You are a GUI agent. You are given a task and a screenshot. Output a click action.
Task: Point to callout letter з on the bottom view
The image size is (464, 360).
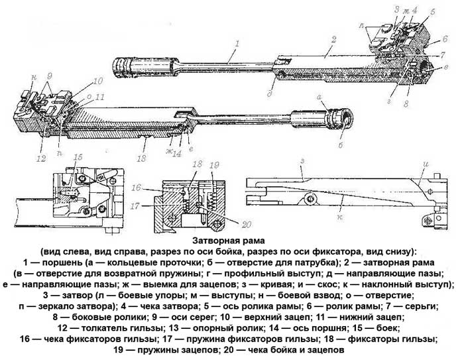302,160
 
